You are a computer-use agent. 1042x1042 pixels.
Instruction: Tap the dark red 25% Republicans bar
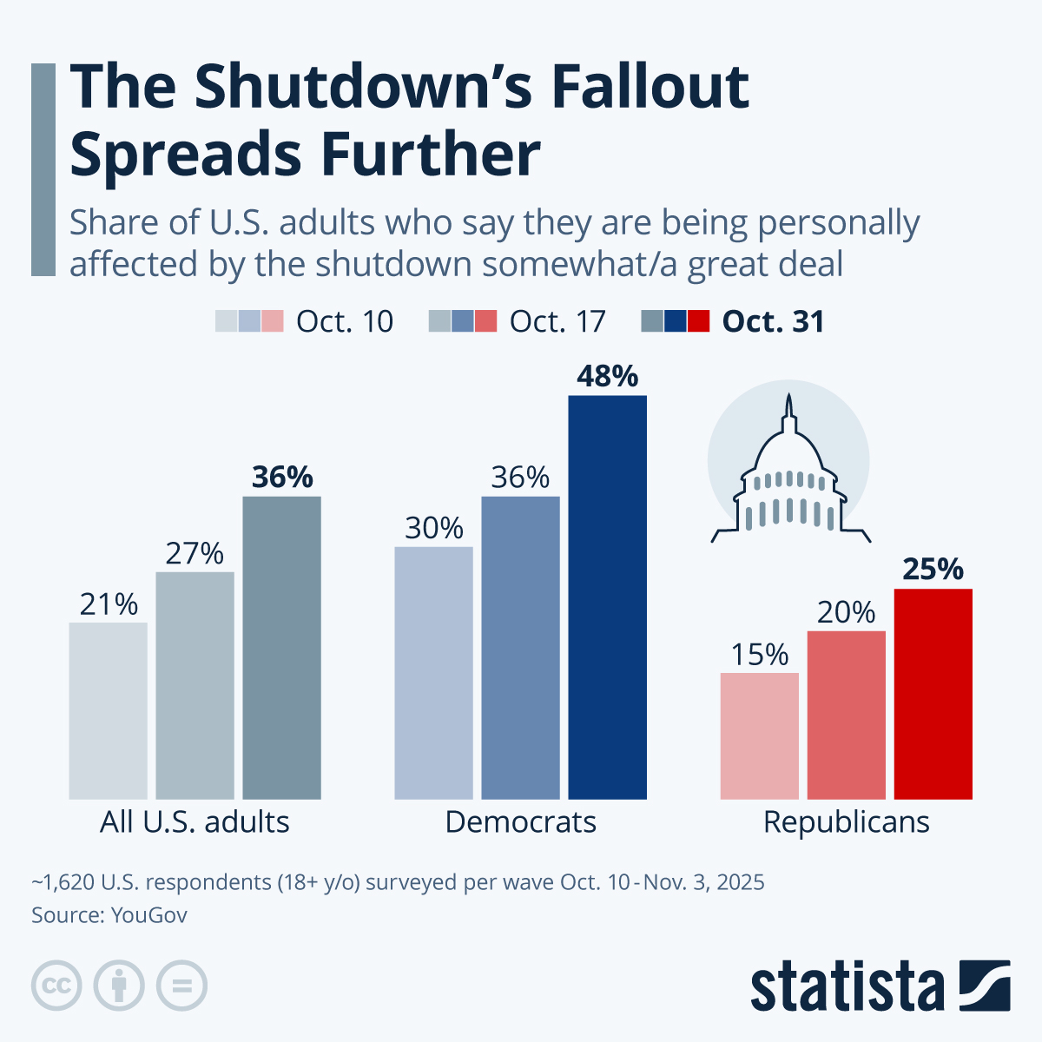tap(933, 694)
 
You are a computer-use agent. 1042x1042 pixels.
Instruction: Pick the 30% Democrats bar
tap(433, 672)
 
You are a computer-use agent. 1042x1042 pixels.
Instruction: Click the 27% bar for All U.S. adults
tap(195, 685)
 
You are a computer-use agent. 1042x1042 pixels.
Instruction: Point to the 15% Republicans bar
tap(759, 735)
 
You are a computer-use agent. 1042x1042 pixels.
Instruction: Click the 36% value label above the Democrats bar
tap(520, 478)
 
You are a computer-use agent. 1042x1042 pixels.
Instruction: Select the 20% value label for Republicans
tap(846, 612)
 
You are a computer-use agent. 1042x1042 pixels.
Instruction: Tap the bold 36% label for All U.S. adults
tap(281, 478)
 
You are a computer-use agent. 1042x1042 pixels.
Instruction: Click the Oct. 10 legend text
tap(344, 321)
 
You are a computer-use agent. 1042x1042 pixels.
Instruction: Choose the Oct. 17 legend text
tap(557, 321)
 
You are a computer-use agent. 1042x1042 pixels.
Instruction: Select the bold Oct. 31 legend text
tap(773, 321)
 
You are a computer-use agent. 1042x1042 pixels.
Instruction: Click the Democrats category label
tap(520, 821)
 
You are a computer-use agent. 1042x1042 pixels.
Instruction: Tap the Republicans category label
tap(846, 821)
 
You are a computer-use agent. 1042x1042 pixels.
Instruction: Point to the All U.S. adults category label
tap(195, 821)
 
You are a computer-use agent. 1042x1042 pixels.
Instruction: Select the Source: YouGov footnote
tap(109, 915)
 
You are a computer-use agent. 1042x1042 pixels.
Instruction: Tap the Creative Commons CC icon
tap(56, 986)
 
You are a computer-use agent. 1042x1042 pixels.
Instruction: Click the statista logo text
tap(847, 986)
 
